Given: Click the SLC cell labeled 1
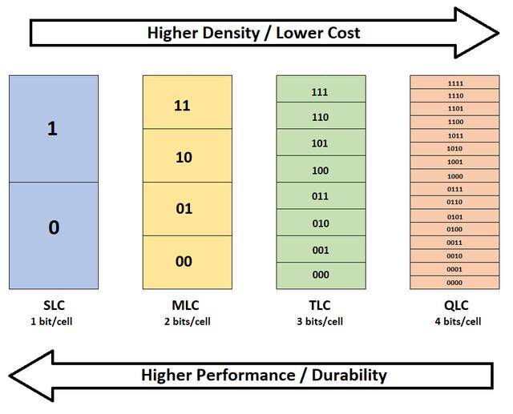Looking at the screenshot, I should [53, 129].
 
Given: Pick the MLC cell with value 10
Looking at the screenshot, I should [183, 156].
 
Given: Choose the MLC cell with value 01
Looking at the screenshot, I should [183, 209].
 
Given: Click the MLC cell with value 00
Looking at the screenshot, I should [183, 262].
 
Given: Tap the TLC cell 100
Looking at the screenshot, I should [320, 170].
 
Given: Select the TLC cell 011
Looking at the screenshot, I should [320, 196].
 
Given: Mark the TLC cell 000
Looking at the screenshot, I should [320, 275].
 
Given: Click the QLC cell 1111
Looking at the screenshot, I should [455, 82].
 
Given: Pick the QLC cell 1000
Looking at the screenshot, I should [455, 176].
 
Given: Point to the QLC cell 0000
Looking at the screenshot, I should [455, 282].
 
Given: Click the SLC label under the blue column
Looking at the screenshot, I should [53, 305].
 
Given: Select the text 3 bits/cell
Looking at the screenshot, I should [321, 322].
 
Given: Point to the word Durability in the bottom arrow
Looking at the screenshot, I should [345, 375].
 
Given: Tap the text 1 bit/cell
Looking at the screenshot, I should [53, 322].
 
